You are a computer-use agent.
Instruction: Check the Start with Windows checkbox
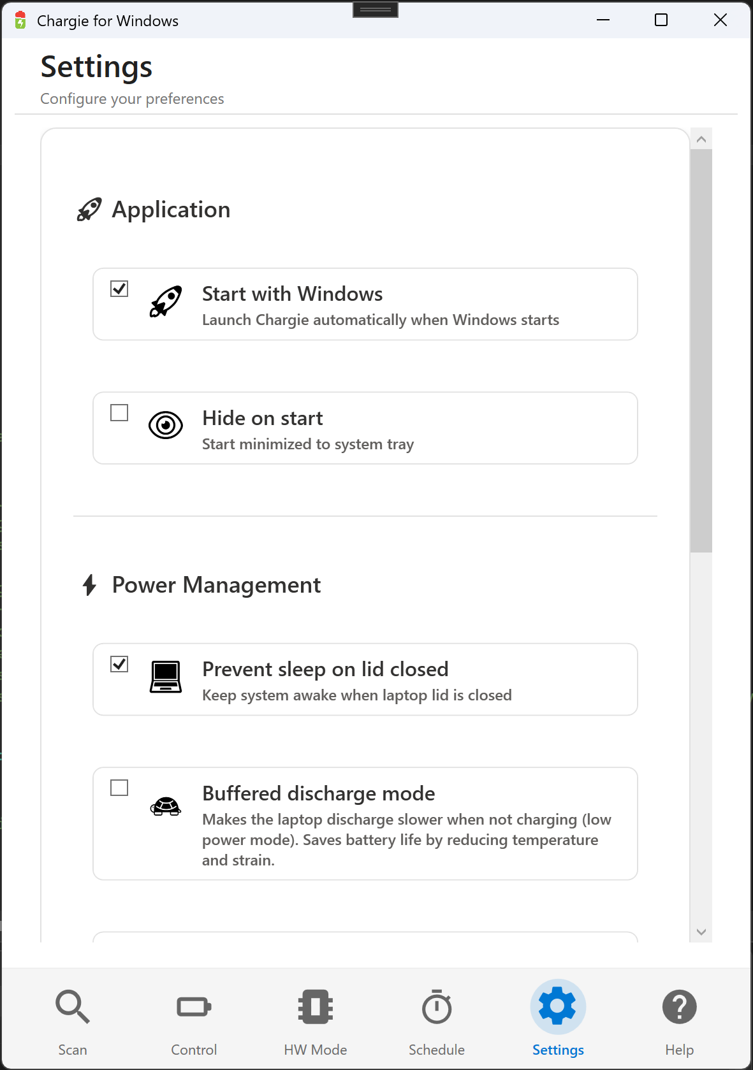pyautogui.click(x=119, y=289)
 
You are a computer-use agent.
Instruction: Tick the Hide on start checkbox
pyautogui.click(x=119, y=413)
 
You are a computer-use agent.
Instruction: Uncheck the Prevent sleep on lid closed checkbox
pyautogui.click(x=119, y=664)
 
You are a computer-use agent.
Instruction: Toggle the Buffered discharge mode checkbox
pyautogui.click(x=119, y=788)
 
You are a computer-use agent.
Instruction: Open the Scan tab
pyautogui.click(x=73, y=1008)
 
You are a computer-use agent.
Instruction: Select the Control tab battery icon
pyautogui.click(x=194, y=1007)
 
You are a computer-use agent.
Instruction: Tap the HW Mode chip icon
pyautogui.click(x=316, y=1007)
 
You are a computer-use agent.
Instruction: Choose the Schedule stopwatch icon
pyautogui.click(x=437, y=1007)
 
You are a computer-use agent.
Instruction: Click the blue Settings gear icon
pyautogui.click(x=558, y=1006)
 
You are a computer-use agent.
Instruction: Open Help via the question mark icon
pyautogui.click(x=680, y=1007)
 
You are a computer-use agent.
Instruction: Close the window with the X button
pyautogui.click(x=720, y=20)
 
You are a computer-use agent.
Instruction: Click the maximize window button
pyautogui.click(x=661, y=20)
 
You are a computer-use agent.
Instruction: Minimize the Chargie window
pyautogui.click(x=603, y=20)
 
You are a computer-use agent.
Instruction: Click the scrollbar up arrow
pyautogui.click(x=701, y=139)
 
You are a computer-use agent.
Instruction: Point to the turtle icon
pyautogui.click(x=166, y=806)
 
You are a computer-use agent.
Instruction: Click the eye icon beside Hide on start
pyautogui.click(x=166, y=425)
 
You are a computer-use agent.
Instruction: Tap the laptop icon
pyautogui.click(x=166, y=677)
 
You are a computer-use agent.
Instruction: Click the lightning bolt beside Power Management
pyautogui.click(x=90, y=585)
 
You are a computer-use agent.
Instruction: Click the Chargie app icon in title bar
pyautogui.click(x=20, y=20)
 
